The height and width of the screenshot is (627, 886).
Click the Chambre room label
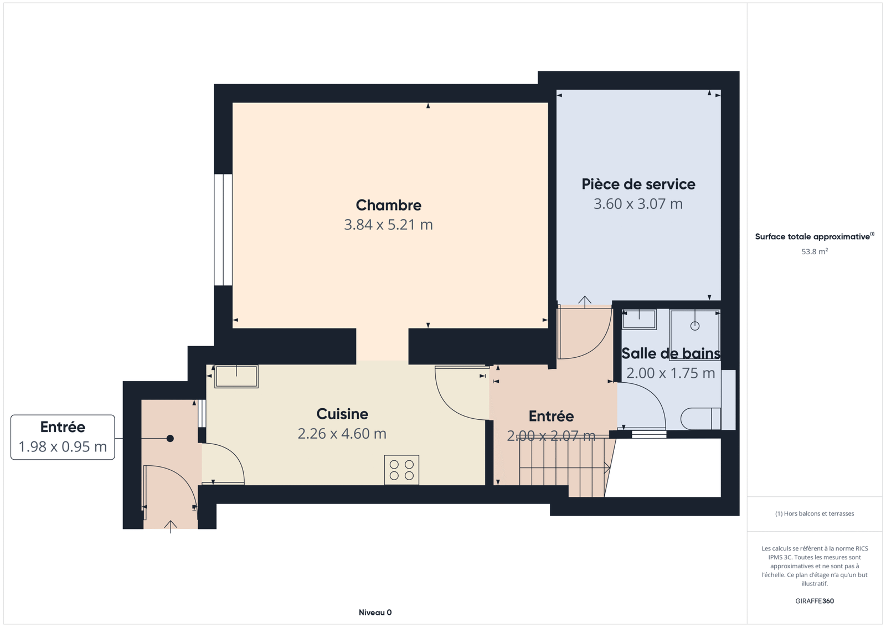[x=388, y=205]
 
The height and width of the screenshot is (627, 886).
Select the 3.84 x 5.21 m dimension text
[x=388, y=225]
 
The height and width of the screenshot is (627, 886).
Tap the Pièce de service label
[x=638, y=184]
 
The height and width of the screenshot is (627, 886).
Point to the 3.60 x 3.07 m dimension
[x=638, y=204]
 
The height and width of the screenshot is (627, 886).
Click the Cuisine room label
[x=342, y=414]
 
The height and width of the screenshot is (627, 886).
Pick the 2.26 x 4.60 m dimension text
[x=342, y=434]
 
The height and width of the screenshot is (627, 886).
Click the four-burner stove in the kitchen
[x=401, y=470]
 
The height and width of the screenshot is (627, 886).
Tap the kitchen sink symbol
[x=236, y=376]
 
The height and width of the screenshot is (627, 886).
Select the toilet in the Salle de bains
[x=700, y=418]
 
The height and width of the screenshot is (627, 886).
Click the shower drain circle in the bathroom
[x=695, y=326]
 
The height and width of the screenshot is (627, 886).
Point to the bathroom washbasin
[x=639, y=319]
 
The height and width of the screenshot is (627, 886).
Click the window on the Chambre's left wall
[x=223, y=229]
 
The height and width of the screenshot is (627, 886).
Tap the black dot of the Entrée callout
[x=170, y=438]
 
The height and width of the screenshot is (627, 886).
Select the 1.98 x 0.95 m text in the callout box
[x=63, y=446]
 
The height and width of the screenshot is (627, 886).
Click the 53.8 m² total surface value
[x=815, y=251]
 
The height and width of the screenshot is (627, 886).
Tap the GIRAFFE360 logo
[x=815, y=601]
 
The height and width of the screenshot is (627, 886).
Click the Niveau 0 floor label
[x=375, y=613]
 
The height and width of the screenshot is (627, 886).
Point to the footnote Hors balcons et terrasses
[x=815, y=513]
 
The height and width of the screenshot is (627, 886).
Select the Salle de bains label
[x=671, y=353]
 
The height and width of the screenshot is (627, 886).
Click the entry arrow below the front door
[x=171, y=527]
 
